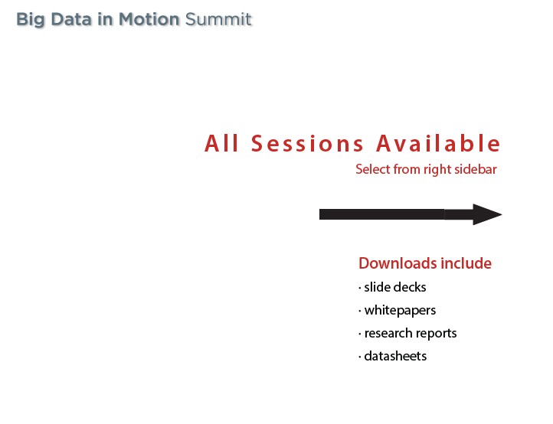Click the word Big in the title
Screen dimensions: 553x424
pos(31,20)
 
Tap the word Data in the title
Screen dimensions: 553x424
pos(71,19)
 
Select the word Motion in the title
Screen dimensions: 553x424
pos(149,19)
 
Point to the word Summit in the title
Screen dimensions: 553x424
pos(218,19)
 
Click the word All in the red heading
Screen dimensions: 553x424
pos(221,143)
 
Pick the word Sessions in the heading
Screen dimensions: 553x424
pos(307,143)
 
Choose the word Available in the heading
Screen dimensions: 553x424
pos(438,143)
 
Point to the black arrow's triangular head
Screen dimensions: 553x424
pos(487,214)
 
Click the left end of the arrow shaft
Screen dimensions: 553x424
pos(319,214)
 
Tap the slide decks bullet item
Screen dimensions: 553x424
pos(395,287)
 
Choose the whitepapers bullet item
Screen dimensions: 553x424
pos(400,311)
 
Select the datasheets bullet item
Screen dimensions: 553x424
pos(395,356)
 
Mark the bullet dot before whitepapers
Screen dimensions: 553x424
pos(360,311)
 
